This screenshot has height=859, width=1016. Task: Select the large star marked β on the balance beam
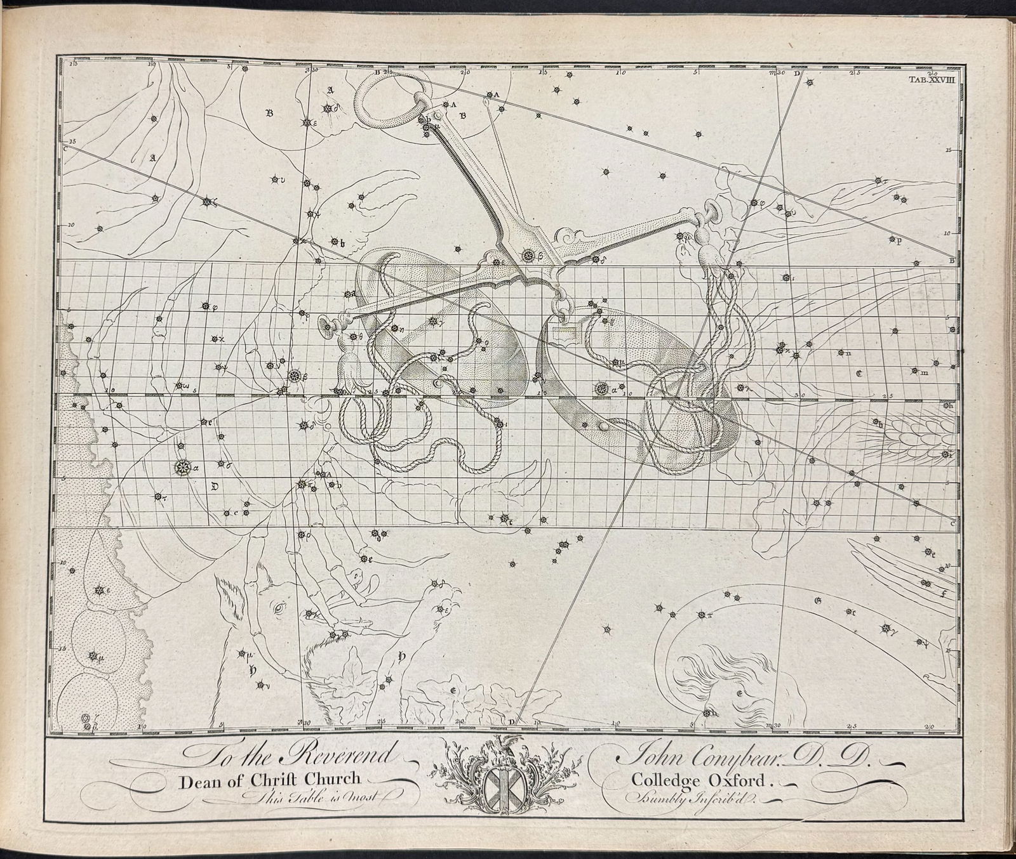528,256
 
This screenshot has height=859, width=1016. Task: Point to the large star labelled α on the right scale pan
601,388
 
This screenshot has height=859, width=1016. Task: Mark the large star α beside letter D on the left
183,468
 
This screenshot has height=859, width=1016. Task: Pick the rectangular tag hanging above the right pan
561,331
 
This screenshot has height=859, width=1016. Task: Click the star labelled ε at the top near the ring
307,122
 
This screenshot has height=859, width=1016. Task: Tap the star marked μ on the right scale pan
614,363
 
